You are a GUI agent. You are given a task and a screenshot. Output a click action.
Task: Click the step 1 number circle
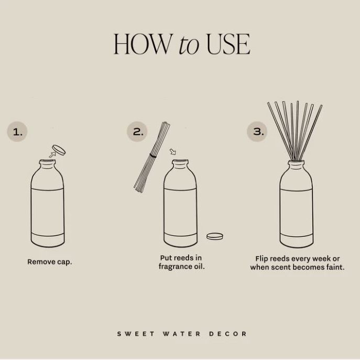pyautogui.click(x=18, y=132)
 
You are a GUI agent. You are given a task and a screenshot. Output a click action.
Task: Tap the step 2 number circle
pyautogui.click(x=137, y=132)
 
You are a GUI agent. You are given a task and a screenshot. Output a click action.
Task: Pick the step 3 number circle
pyautogui.click(x=258, y=132)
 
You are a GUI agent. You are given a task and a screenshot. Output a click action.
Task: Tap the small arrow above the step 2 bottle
pyautogui.click(x=173, y=152)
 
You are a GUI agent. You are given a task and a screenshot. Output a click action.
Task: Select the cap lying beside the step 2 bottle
pyautogui.click(x=214, y=236)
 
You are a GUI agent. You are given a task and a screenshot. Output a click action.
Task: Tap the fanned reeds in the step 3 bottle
pyautogui.click(x=294, y=128)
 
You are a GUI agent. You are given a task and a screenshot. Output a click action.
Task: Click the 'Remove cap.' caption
pyautogui.click(x=50, y=261)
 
